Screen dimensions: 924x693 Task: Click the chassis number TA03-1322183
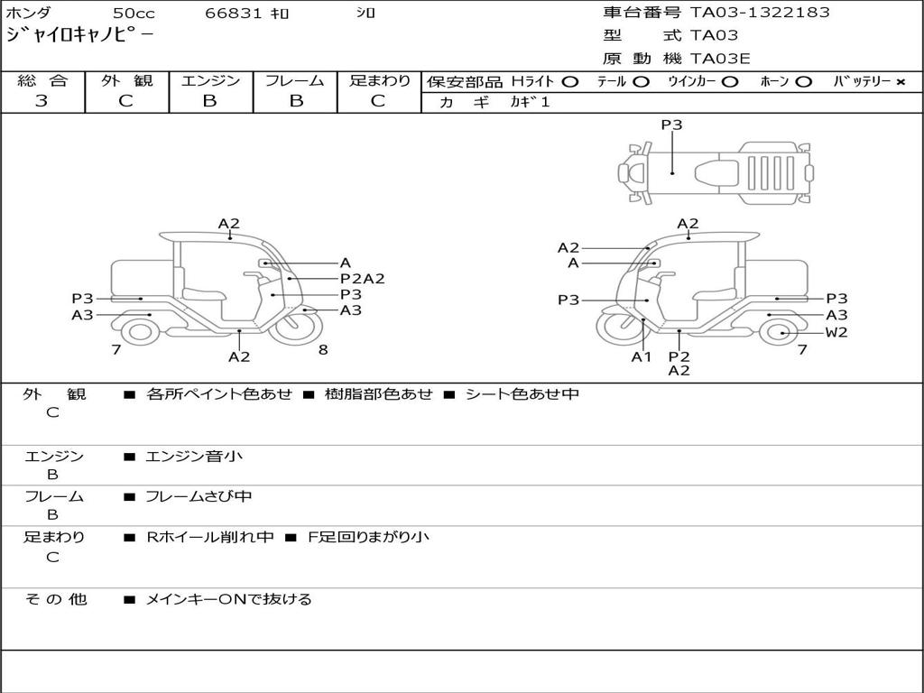[x=760, y=13]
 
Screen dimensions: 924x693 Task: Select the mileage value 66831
[x=234, y=14]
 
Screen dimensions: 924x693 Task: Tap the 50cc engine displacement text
[x=133, y=14]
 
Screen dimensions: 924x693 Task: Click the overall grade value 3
[x=42, y=101]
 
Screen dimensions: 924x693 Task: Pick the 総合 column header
[x=42, y=81]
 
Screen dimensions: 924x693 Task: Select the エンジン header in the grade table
[x=210, y=81]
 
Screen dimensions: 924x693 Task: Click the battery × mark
[x=900, y=82]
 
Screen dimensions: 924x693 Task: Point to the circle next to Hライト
[x=569, y=82]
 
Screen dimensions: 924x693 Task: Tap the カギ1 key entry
[x=530, y=102]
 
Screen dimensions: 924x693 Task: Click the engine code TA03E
[x=720, y=60]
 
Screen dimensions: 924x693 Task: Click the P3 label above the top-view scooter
[x=671, y=125]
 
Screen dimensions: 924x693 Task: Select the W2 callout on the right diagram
[x=836, y=332]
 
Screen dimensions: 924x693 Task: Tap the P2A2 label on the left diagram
[x=362, y=279]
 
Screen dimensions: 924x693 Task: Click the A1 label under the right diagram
[x=641, y=356]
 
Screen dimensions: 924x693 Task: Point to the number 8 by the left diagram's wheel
[x=322, y=350]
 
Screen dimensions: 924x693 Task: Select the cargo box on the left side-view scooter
[x=141, y=278]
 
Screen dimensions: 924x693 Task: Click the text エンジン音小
[x=194, y=457]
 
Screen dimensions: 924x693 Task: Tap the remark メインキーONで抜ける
[x=228, y=599]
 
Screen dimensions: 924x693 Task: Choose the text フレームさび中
[x=199, y=496]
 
